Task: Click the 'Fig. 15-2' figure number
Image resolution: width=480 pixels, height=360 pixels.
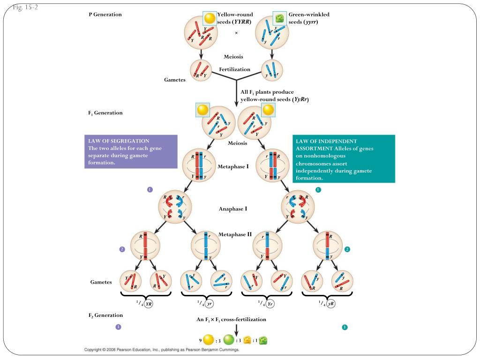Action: (x=25, y=7)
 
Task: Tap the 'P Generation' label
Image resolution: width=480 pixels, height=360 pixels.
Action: (x=105, y=15)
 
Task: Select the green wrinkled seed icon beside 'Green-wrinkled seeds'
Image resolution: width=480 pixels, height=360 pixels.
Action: (x=279, y=18)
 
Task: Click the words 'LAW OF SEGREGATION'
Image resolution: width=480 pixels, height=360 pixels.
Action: (x=119, y=141)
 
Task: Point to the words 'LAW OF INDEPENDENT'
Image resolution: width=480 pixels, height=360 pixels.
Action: (x=326, y=141)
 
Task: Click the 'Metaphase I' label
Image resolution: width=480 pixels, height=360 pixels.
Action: (x=233, y=166)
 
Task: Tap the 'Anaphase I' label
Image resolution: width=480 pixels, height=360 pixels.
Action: (x=233, y=209)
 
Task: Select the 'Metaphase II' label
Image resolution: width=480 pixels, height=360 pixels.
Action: (x=235, y=234)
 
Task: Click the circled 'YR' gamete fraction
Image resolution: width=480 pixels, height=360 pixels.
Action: (x=149, y=304)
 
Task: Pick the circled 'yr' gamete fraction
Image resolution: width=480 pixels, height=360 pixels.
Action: (x=209, y=304)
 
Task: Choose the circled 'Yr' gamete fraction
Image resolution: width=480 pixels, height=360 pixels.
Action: (x=270, y=304)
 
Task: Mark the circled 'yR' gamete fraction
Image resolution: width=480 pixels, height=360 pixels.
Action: (x=330, y=304)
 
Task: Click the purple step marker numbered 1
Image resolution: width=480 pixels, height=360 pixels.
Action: (x=150, y=189)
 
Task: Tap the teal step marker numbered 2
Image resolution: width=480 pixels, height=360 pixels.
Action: (x=347, y=249)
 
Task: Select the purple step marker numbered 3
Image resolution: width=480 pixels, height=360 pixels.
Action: (x=118, y=327)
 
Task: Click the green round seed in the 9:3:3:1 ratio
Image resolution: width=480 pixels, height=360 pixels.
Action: (x=229, y=340)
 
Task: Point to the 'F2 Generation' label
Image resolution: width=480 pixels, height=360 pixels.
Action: (x=105, y=315)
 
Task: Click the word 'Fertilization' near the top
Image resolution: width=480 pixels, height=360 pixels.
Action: (x=234, y=69)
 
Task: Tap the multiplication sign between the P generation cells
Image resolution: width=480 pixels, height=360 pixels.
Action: (x=236, y=33)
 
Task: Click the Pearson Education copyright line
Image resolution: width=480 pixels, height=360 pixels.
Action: (x=162, y=350)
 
